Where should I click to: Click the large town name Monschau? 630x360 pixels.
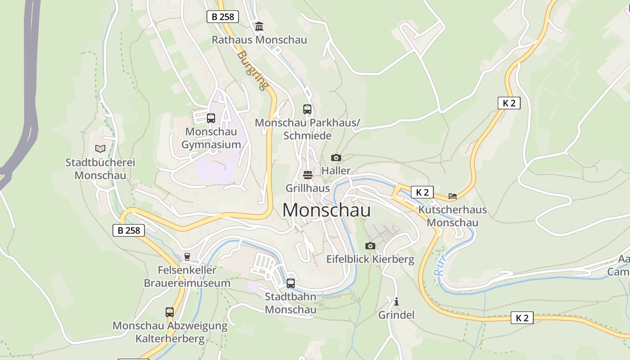tap(327, 211)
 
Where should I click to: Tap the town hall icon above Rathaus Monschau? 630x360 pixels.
tap(259, 27)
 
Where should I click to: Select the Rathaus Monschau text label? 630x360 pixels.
tap(259, 40)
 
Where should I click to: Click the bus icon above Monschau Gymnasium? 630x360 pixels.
tap(211, 118)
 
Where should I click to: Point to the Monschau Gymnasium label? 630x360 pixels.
tap(211, 138)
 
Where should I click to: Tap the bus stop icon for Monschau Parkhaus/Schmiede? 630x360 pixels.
tap(307, 109)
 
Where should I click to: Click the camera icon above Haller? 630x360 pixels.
tap(336, 157)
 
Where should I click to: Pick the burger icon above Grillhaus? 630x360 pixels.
tap(308, 175)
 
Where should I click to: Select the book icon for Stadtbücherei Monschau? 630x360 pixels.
tap(100, 148)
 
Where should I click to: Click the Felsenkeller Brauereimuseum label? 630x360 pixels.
tap(187, 276)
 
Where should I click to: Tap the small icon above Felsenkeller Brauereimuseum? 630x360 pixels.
tap(187, 257)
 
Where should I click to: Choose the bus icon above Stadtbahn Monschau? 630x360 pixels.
tap(291, 283)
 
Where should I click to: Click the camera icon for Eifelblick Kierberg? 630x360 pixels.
tap(370, 246)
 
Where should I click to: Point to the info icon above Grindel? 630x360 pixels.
tap(396, 301)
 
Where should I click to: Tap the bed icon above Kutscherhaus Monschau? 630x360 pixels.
tap(453, 196)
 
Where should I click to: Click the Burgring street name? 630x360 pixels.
tap(253, 70)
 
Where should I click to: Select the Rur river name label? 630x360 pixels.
tap(439, 265)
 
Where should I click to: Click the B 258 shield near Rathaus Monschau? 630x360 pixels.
tap(223, 17)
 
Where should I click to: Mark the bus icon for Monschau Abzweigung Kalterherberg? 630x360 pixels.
tap(170, 312)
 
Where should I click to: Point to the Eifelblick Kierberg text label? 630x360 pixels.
tap(370, 259)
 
